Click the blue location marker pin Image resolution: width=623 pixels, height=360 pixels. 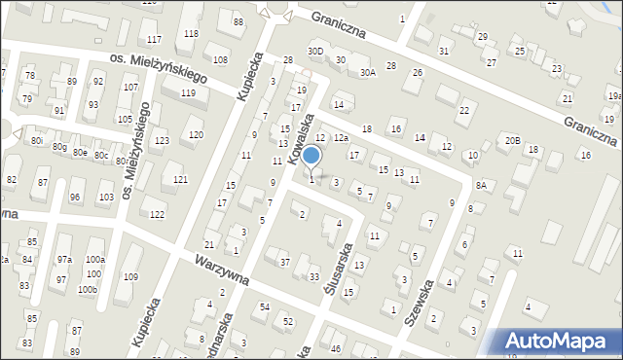pyautogui.click(x=311, y=157)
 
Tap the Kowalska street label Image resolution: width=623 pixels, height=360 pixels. pyautogui.click(x=297, y=136)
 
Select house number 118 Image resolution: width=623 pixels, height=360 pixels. pyautogui.click(x=191, y=34)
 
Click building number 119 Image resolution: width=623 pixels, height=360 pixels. pyautogui.click(x=188, y=93)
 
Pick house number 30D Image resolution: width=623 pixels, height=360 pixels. pyautogui.click(x=314, y=51)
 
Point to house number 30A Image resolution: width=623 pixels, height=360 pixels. pyautogui.click(x=367, y=72)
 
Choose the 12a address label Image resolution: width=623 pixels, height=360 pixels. pyautogui.click(x=341, y=138)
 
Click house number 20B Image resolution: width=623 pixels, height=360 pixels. pyautogui.click(x=512, y=140)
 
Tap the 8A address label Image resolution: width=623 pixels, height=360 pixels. pyautogui.click(x=481, y=185)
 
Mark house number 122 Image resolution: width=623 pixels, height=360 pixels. pyautogui.click(x=157, y=214)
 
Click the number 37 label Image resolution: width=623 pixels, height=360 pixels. pyautogui.click(x=285, y=262)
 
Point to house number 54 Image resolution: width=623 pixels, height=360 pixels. pyautogui.click(x=265, y=307)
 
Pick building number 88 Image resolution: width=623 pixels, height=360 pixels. pyautogui.click(x=238, y=21)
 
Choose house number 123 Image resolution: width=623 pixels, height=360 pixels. pyautogui.click(x=162, y=141)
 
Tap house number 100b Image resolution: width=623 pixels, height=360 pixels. pyautogui.click(x=88, y=290)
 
